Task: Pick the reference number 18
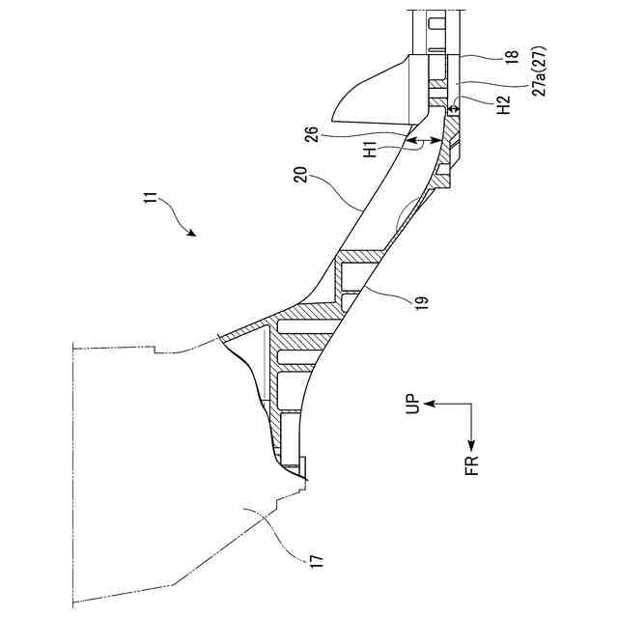[511, 56]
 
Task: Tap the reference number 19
[422, 301]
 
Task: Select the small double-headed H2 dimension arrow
[453, 109]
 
